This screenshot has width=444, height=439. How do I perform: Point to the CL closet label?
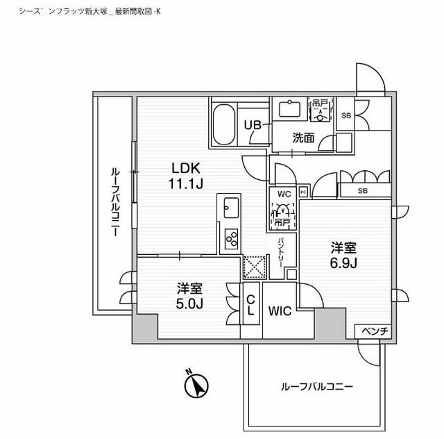(250, 304)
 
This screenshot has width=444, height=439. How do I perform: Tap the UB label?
(253, 126)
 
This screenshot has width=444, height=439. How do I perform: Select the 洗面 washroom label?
(303, 138)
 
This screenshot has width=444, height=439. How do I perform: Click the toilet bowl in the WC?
(282, 209)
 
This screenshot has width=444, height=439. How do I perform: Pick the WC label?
(283, 193)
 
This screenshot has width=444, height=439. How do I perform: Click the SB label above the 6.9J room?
(362, 191)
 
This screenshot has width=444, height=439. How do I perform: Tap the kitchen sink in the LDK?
(230, 206)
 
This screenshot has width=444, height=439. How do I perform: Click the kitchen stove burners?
(230, 240)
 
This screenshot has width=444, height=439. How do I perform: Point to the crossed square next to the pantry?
(252, 265)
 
